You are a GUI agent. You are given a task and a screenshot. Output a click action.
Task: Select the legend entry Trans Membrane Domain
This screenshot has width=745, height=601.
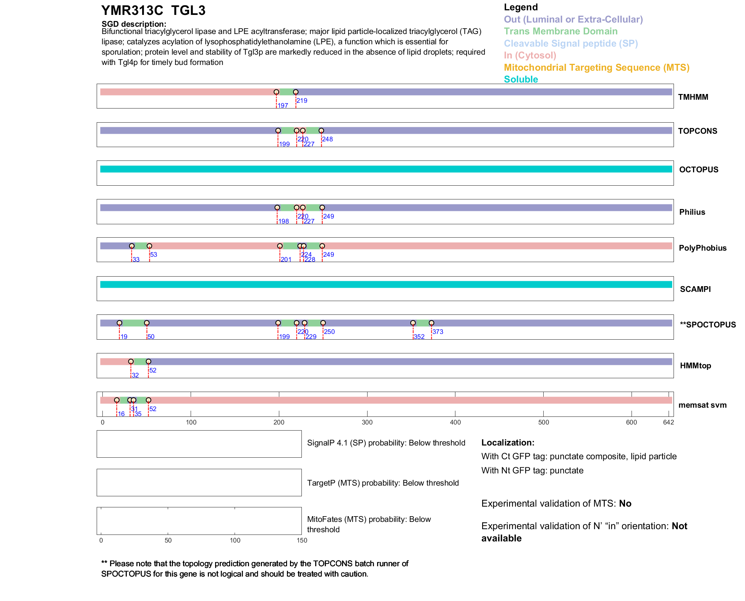click(x=560, y=31)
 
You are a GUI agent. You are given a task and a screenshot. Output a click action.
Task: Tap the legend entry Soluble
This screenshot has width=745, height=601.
click(x=521, y=79)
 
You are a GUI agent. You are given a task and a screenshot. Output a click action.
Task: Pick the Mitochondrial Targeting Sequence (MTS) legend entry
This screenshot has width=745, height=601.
click(x=596, y=68)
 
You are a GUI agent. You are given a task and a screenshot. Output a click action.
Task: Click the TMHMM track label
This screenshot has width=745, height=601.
click(x=693, y=97)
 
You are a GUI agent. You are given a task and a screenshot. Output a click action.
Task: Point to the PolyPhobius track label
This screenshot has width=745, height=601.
click(x=702, y=248)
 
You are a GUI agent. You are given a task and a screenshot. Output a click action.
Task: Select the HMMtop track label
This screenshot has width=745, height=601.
click(x=695, y=366)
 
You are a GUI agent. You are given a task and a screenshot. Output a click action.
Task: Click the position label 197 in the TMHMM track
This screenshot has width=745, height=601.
click(x=283, y=106)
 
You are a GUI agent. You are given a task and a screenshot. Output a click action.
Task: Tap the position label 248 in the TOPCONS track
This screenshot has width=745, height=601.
click(x=327, y=139)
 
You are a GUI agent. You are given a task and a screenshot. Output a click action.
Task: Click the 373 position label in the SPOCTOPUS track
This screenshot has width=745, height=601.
click(x=438, y=332)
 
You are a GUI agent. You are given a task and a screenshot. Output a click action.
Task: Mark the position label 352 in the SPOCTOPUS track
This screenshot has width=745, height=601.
click(x=419, y=337)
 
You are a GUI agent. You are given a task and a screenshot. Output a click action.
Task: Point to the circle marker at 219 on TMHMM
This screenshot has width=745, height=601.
click(x=296, y=92)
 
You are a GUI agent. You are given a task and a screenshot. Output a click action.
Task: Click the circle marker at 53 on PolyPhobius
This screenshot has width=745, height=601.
click(x=149, y=246)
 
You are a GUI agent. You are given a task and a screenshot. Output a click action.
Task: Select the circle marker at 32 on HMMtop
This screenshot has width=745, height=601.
click(x=131, y=361)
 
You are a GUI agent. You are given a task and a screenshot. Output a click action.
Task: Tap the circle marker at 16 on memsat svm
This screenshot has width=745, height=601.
click(x=117, y=400)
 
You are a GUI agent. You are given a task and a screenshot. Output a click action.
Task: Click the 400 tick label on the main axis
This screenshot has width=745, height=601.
click(x=455, y=423)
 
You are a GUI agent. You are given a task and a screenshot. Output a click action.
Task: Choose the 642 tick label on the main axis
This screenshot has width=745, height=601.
click(x=668, y=423)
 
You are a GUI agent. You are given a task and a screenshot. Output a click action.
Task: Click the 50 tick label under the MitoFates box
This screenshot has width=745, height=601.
click(x=168, y=540)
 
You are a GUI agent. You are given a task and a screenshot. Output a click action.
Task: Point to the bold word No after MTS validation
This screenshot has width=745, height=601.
click(x=625, y=504)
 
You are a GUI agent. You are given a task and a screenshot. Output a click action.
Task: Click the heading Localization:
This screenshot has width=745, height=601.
click(x=508, y=443)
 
